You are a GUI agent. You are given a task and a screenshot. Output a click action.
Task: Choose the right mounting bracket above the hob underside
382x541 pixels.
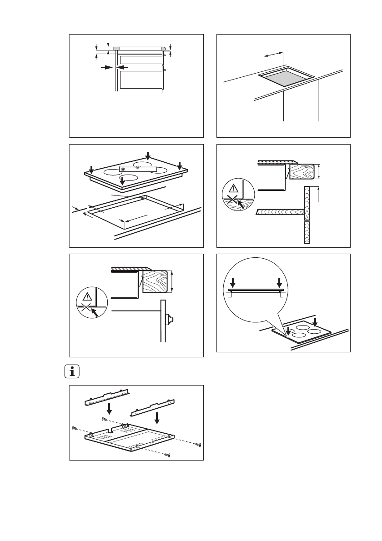pos(153,407)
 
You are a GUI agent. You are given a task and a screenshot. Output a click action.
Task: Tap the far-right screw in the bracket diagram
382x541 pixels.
pos(199,444)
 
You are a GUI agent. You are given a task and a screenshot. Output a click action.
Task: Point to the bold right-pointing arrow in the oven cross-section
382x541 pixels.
pos(107,67)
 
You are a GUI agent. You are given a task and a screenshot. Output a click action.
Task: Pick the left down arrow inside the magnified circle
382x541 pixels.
pos(232,281)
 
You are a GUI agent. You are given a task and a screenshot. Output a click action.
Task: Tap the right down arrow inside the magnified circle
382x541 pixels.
pos(279,281)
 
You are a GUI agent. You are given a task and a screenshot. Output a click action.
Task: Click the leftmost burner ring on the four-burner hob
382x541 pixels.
pos(112,172)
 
